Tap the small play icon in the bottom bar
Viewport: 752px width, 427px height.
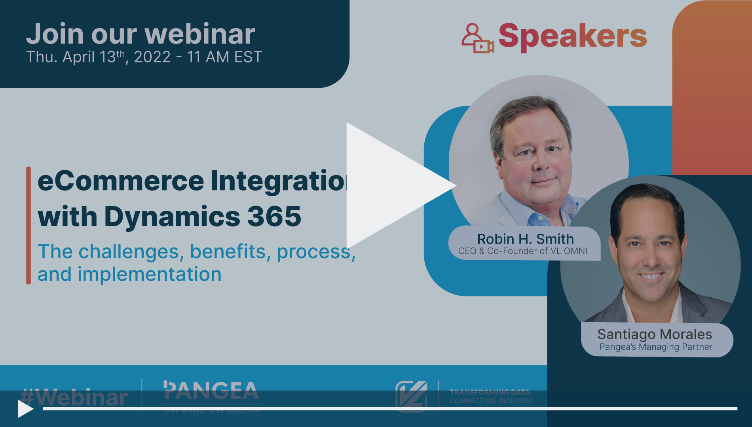pyautogui.click(x=25, y=409)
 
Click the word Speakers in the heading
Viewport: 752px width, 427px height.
pyautogui.click(x=572, y=36)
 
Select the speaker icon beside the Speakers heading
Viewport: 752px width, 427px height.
pyautogui.click(x=477, y=38)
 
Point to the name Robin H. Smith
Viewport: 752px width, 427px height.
pyautogui.click(x=525, y=239)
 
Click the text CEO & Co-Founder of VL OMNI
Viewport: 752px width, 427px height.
pyautogui.click(x=522, y=251)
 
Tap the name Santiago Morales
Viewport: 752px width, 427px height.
pyautogui.click(x=655, y=334)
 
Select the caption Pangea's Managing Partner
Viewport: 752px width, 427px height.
pyautogui.click(x=655, y=347)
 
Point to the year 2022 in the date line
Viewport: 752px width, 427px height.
pyautogui.click(x=152, y=57)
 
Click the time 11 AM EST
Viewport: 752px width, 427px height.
pyautogui.click(x=224, y=57)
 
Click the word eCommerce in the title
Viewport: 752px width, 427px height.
pyautogui.click(x=121, y=181)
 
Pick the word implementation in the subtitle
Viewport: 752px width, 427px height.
pyautogui.click(x=149, y=274)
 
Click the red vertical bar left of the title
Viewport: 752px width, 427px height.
pyautogui.click(x=28, y=225)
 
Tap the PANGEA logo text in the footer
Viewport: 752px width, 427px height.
pyautogui.click(x=211, y=391)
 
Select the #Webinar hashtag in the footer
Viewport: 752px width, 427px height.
pyautogui.click(x=74, y=397)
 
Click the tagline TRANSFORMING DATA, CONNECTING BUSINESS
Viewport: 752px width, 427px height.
pyautogui.click(x=491, y=396)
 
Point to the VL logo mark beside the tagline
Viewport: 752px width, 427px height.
pyautogui.click(x=412, y=396)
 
